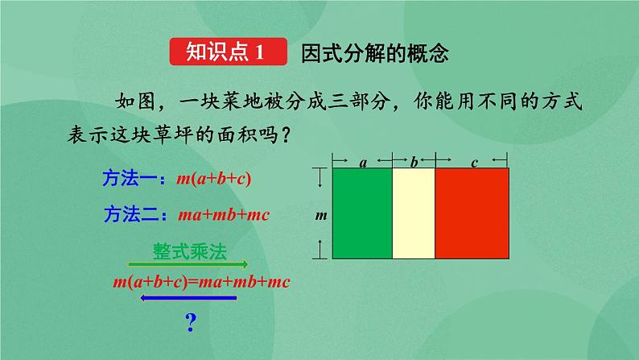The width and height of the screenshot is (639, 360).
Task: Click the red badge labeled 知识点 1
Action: pyautogui.click(x=229, y=54)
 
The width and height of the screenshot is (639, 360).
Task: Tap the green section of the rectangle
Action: pyautogui.click(x=361, y=213)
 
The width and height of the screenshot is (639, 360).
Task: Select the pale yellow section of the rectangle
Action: pyautogui.click(x=413, y=213)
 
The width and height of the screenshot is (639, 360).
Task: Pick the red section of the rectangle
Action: pyautogui.click(x=472, y=213)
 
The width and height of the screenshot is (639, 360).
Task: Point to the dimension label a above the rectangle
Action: pyautogui.click(x=363, y=163)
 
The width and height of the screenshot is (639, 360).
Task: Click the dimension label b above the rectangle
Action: pyautogui.click(x=414, y=163)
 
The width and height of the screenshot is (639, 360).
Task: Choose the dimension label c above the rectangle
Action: pyautogui.click(x=474, y=163)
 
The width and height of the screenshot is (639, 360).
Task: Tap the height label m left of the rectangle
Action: pyautogui.click(x=320, y=215)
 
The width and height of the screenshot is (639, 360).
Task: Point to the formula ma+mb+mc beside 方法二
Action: pyautogui.click(x=223, y=215)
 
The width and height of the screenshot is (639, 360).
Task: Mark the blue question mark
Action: pyautogui.click(x=191, y=324)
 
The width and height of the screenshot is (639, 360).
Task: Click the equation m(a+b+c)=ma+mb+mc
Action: pyautogui.click(x=200, y=282)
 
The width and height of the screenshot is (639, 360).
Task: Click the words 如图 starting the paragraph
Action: pyautogui.click(x=134, y=102)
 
